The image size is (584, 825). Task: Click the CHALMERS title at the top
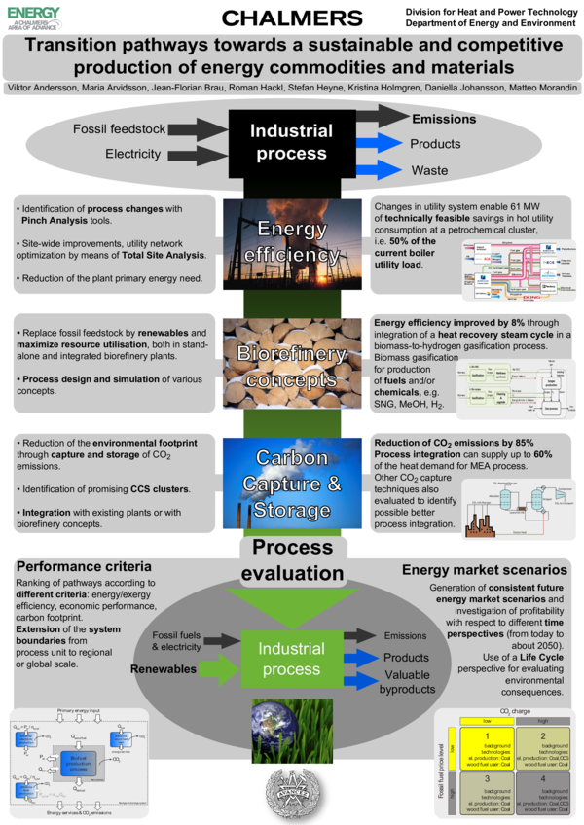[x=292, y=18]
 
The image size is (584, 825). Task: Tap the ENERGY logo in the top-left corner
[x=33, y=17]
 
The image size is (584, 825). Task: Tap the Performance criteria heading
[x=84, y=566]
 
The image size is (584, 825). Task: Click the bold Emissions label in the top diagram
[x=444, y=119]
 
